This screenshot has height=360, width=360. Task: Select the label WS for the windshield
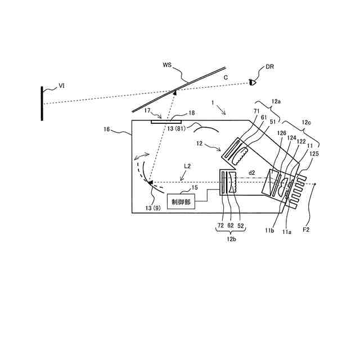[167, 65]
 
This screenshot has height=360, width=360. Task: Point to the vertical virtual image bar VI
[42, 103]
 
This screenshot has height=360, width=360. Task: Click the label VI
[62, 87]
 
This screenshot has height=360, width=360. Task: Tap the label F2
[307, 230]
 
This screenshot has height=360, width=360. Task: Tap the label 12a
[276, 102]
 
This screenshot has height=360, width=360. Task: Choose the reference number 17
[147, 111]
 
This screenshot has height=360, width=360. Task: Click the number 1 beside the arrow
[213, 103]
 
